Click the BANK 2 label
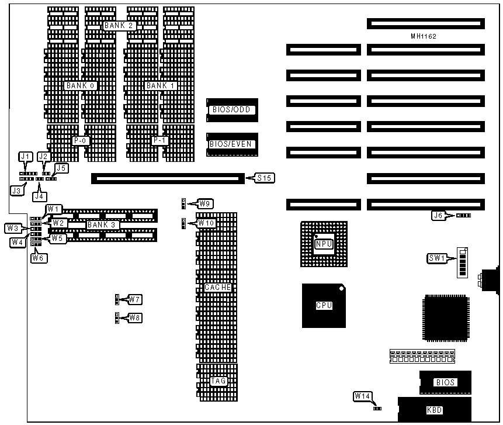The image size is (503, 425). click(120, 26)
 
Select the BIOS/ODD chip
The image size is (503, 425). click(232, 110)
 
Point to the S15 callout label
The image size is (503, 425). click(264, 177)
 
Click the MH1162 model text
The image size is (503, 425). click(424, 36)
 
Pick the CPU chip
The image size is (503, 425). click(324, 305)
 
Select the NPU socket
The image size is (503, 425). click(324, 244)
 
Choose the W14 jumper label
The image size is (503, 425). click(362, 396)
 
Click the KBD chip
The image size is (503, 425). click(435, 410)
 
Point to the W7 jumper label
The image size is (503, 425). click(135, 299)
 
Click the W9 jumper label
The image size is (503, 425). click(205, 203)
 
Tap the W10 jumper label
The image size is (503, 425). click(207, 223)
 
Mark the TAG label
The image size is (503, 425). click(218, 381)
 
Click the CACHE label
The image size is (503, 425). click(218, 288)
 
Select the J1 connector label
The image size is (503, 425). click(25, 157)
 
